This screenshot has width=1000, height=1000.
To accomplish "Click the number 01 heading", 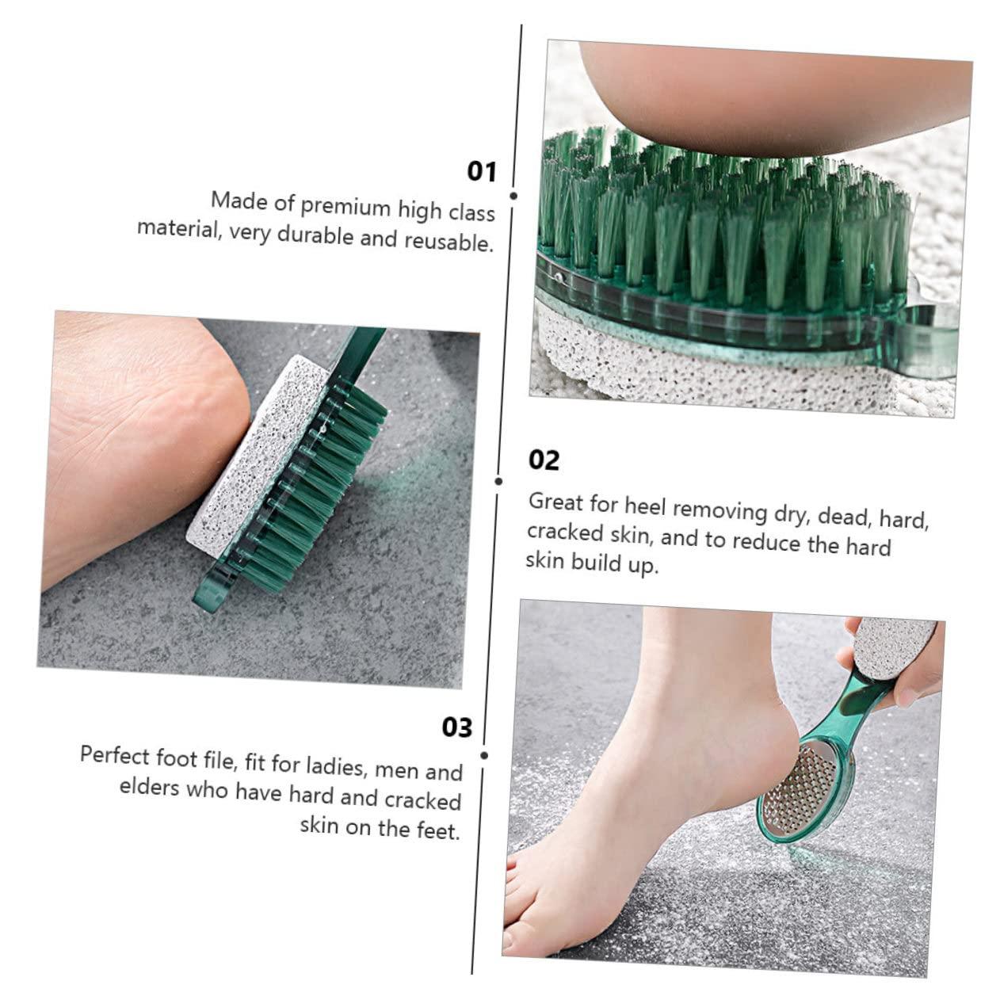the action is [x=482, y=171].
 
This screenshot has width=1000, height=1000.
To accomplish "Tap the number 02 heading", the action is [x=544, y=460].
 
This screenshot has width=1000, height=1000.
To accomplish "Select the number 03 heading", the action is [x=457, y=727].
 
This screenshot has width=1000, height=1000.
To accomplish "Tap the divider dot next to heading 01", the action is [x=513, y=196].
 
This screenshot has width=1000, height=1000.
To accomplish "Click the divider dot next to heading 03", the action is [x=484, y=756].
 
